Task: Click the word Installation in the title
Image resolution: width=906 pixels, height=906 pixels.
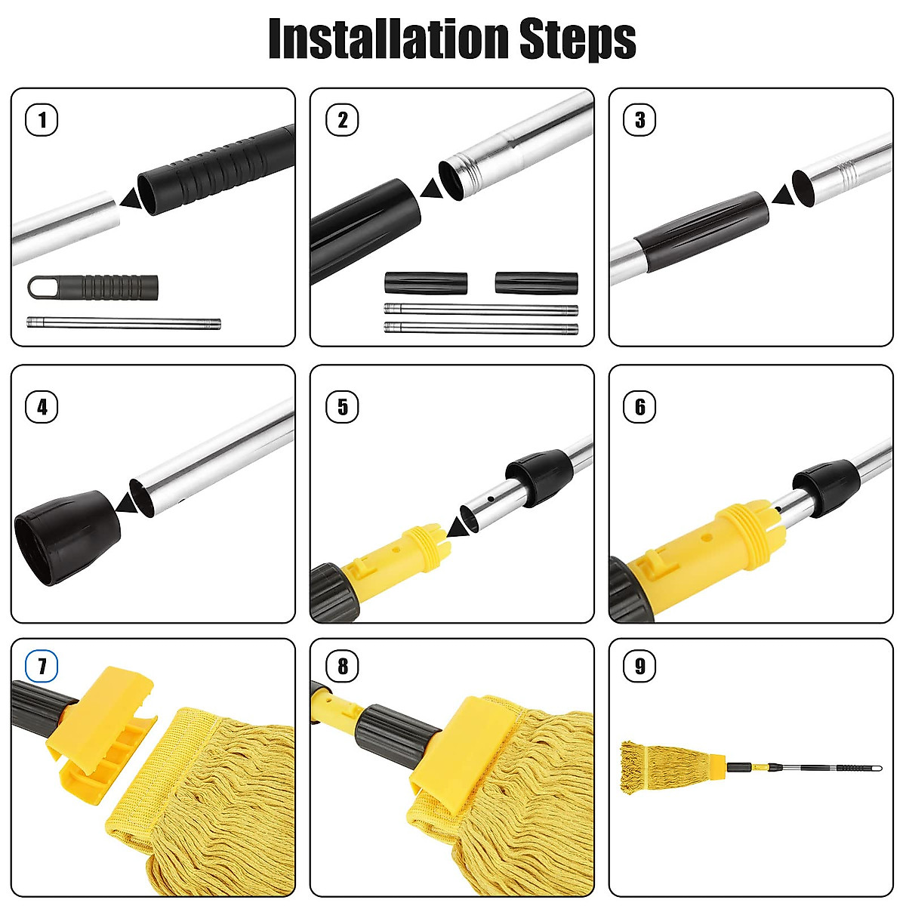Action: (x=389, y=39)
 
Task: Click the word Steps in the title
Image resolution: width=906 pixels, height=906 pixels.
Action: (x=578, y=39)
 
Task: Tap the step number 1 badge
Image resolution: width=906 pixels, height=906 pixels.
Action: (x=42, y=119)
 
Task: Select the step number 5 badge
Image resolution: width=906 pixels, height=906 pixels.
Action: (x=342, y=408)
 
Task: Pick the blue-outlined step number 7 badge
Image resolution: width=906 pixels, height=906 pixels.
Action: (x=42, y=666)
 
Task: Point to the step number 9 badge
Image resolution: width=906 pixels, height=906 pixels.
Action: (x=640, y=666)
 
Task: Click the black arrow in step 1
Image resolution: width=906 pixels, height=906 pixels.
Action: (x=130, y=199)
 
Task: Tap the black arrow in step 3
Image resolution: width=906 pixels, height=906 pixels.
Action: (x=783, y=196)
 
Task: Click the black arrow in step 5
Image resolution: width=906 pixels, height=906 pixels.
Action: (x=458, y=526)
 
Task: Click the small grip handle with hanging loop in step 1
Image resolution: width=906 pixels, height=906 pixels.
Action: (x=92, y=287)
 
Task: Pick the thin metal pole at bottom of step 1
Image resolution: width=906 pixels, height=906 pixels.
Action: (x=124, y=323)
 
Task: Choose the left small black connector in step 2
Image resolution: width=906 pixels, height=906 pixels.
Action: (x=426, y=283)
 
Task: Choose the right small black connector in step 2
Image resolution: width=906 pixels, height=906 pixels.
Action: (x=536, y=283)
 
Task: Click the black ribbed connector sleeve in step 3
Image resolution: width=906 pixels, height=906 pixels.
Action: (x=701, y=223)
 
